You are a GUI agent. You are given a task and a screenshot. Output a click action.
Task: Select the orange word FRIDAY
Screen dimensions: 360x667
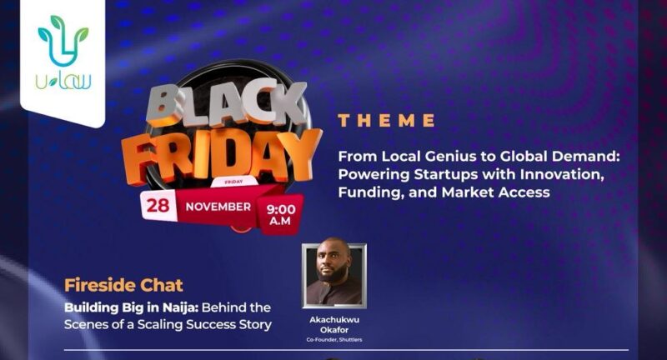tap(218, 155)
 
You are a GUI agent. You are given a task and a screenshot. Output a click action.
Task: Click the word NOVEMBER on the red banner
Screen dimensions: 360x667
tap(218, 206)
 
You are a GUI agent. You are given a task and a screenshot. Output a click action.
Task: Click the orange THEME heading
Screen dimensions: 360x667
tap(387, 121)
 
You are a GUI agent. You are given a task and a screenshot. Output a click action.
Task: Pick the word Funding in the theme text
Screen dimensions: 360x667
tap(369, 192)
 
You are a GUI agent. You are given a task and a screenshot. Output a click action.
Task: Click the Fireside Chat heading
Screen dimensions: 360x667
tap(123, 285)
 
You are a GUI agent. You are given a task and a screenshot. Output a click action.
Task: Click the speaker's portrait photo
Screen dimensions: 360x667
tap(334, 273)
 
